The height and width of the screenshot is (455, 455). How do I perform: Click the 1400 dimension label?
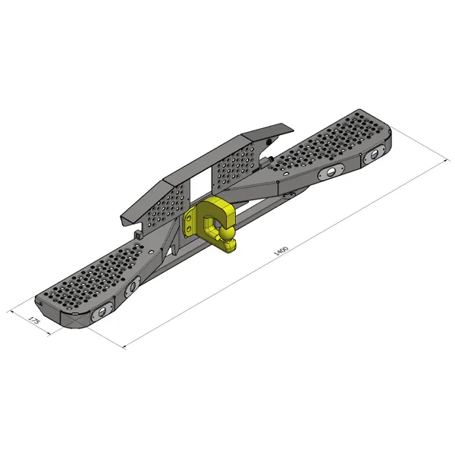coord(281,251)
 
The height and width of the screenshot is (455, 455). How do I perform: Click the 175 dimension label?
coord(34,320)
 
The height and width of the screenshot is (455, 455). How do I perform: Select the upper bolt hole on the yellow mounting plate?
coord(190,218)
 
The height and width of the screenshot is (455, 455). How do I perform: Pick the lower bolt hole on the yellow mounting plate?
coord(189,229)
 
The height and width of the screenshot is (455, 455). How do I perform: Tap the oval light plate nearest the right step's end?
coord(375,155)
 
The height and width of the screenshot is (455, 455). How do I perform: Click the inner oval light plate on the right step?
coord(331,172)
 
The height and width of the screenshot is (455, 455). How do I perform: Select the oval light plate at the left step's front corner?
coord(102,312)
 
